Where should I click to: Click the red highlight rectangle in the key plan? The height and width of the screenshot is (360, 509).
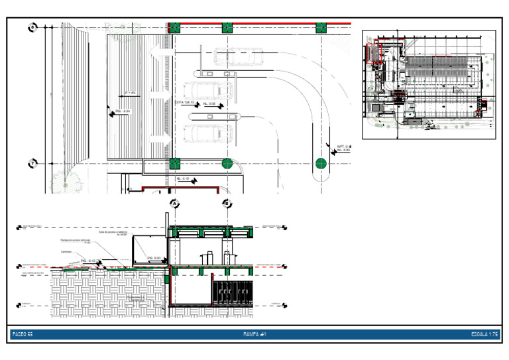[376, 53]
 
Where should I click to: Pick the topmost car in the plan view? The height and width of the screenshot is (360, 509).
[233, 57]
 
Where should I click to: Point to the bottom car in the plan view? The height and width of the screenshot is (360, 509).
[207, 133]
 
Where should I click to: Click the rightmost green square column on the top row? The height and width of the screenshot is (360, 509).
[321, 28]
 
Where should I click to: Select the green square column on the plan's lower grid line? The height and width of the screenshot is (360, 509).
[174, 163]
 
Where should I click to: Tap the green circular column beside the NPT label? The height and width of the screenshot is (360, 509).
[321, 163]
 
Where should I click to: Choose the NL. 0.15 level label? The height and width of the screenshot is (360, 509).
[184, 179]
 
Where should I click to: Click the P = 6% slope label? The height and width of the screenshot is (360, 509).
[130, 93]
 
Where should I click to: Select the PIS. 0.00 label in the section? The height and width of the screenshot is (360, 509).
[154, 257]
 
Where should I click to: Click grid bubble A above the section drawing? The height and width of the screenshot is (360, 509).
[174, 204]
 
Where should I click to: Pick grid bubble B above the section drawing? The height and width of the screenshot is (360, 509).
[227, 204]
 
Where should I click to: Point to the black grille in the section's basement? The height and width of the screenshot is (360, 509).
[233, 292]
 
